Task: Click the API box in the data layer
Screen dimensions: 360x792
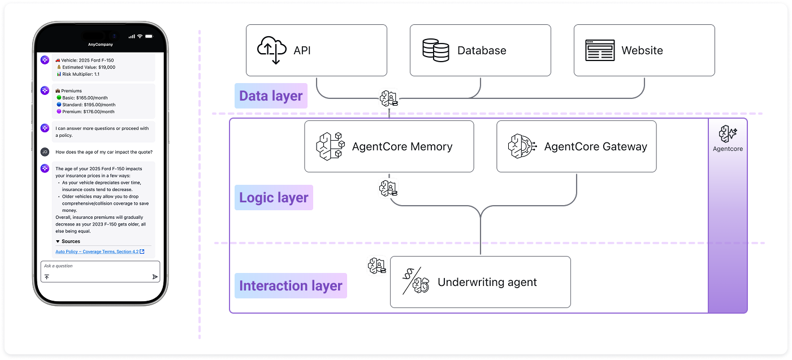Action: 316,50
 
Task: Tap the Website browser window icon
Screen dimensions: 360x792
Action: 600,50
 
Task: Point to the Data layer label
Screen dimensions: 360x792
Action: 271,96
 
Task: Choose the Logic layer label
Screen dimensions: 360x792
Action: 274,198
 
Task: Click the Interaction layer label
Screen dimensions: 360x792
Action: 291,286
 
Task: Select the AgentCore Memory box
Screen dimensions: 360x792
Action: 389,146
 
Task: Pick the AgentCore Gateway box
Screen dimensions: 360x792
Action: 576,146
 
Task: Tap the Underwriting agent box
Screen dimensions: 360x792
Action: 480,282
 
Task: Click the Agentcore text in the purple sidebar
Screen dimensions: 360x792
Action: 728,149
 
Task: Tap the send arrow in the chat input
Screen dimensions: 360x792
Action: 154,277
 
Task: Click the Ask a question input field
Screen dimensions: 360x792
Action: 96,266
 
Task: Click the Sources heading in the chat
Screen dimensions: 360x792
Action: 71,241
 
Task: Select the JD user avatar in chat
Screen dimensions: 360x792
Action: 45,151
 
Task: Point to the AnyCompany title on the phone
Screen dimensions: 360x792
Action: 100,44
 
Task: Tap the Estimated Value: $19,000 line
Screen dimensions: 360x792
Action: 88,67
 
